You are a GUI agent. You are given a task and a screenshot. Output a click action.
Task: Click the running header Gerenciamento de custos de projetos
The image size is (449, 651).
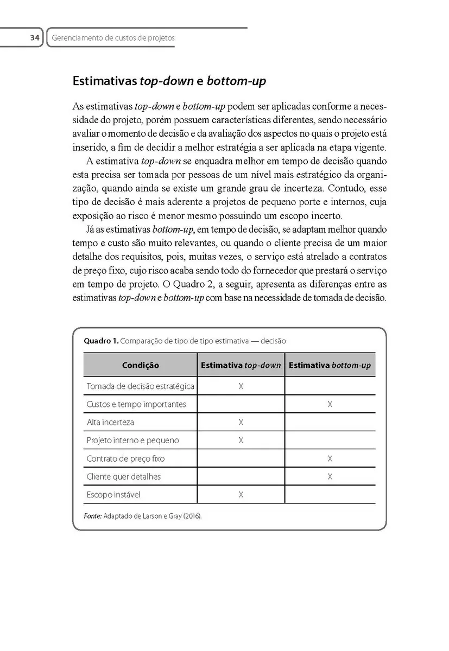(x=113, y=38)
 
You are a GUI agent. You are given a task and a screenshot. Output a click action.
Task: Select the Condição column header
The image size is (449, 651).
(x=140, y=365)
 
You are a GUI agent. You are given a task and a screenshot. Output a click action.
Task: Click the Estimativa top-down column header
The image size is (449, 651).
(x=241, y=365)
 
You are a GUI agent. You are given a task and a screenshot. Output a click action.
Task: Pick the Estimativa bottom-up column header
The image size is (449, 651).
(x=330, y=365)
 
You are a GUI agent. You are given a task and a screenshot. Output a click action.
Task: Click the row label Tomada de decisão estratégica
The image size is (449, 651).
(x=140, y=386)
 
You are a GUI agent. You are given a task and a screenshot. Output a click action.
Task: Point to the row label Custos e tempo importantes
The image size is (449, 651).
(x=136, y=404)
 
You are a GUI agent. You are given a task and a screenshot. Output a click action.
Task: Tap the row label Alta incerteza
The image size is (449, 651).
(x=110, y=422)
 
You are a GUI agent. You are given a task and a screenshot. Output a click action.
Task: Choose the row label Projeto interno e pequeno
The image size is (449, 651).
(x=132, y=440)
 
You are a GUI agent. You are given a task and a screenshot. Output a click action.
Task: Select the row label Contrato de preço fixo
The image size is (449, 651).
(x=125, y=458)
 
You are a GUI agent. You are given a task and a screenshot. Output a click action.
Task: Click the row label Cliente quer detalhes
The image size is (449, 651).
(x=124, y=476)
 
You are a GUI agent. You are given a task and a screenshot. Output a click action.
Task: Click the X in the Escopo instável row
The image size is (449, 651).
(x=241, y=495)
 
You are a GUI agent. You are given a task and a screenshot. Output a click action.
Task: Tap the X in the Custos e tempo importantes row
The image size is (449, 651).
(x=330, y=404)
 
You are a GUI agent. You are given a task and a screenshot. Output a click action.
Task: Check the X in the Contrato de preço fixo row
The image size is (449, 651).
(x=330, y=458)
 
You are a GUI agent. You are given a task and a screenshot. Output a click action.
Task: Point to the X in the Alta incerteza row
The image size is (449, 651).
(x=241, y=422)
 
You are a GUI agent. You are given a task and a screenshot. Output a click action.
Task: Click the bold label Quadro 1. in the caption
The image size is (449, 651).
(x=100, y=341)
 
